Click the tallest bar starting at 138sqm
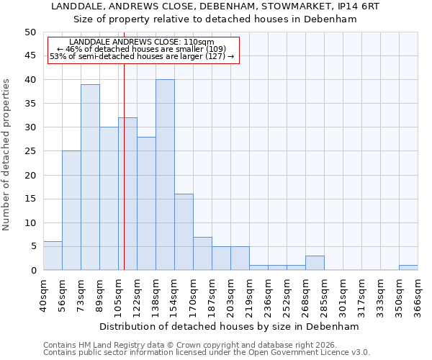click(x=165, y=175)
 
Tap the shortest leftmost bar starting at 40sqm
click(x=53, y=256)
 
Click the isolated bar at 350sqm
click(x=408, y=268)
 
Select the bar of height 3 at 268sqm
click(x=315, y=263)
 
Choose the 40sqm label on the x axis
click(x=43, y=296)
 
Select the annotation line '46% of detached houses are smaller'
click(x=142, y=49)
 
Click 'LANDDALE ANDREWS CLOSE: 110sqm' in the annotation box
click(x=142, y=42)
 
